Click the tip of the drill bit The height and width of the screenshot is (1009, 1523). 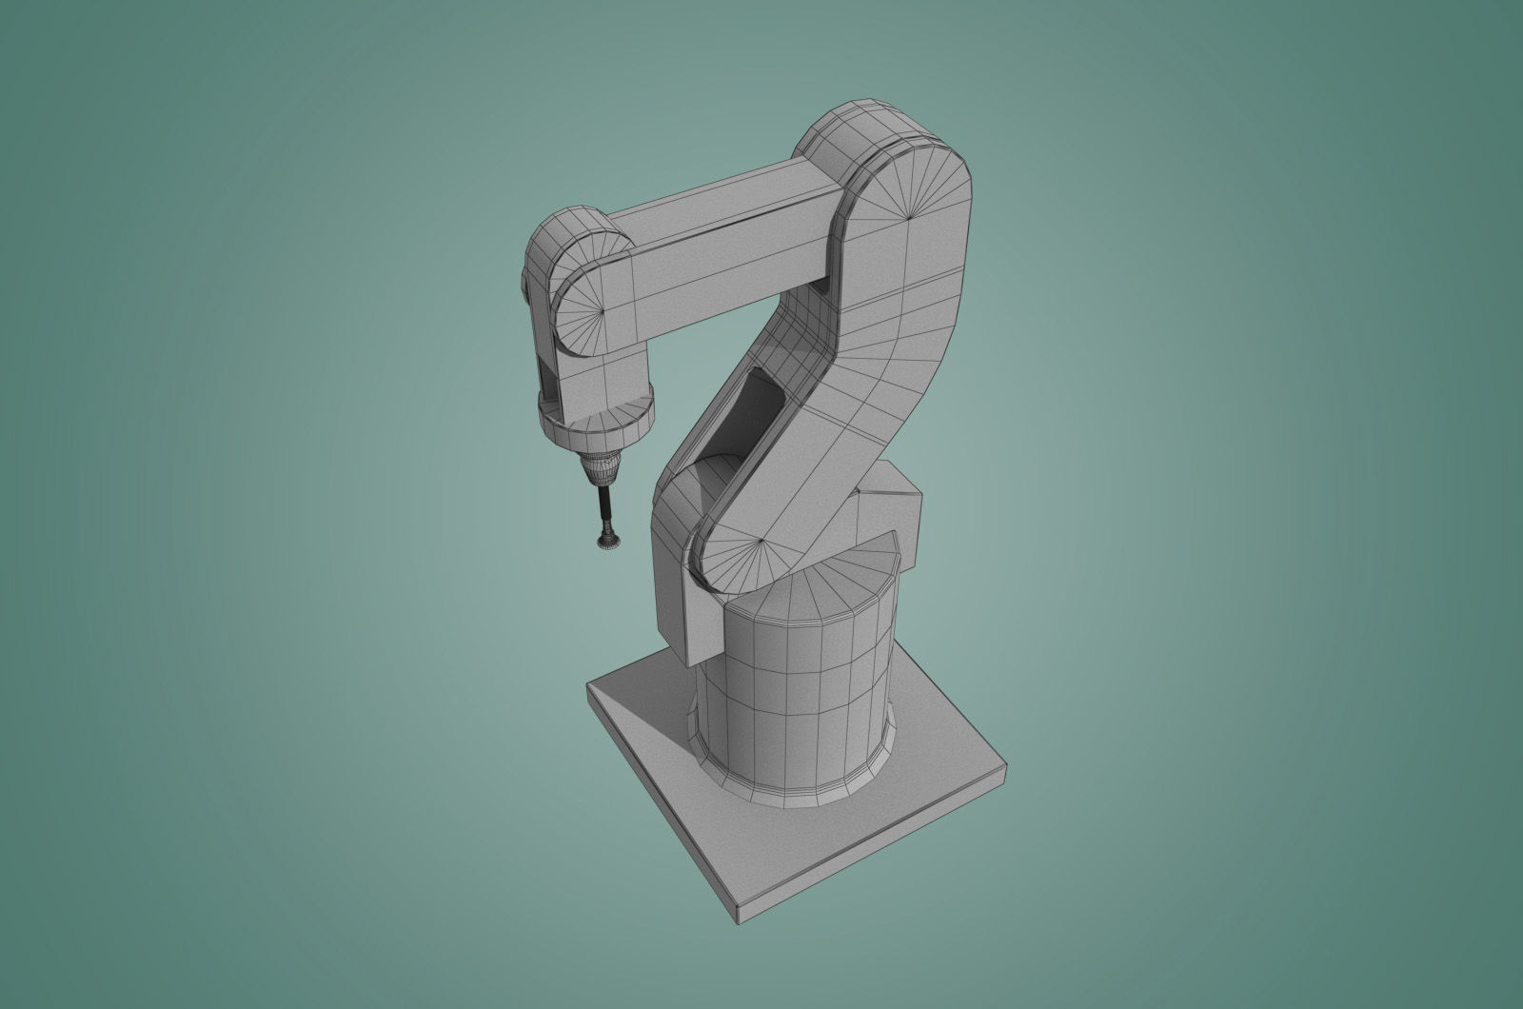604,544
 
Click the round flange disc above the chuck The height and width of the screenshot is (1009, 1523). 598,424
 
